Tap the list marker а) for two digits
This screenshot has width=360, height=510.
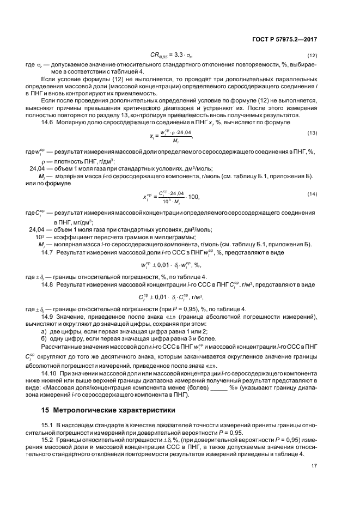[44, 332]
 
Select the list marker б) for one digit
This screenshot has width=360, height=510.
[44, 339]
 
